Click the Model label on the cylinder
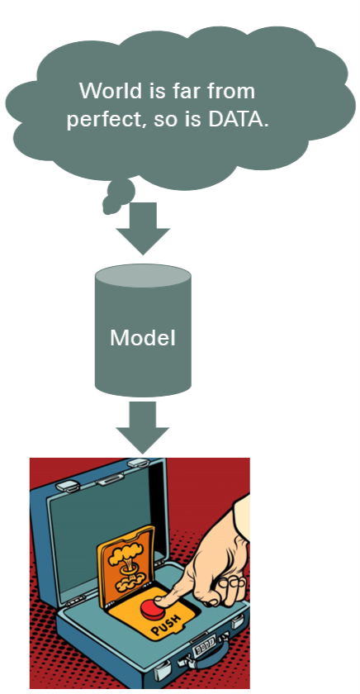[x=142, y=338]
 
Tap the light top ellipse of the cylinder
[x=143, y=275]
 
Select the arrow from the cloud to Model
[x=143, y=228]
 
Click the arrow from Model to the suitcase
[x=142, y=428]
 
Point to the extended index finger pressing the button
[x=177, y=592]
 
